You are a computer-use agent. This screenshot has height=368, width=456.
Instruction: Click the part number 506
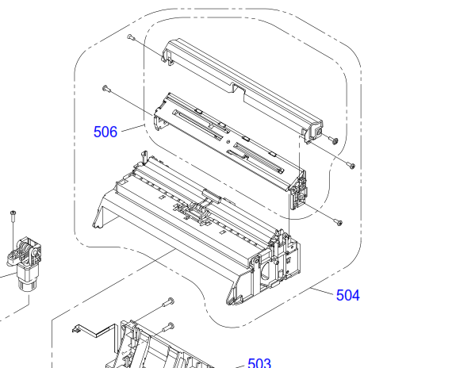(105, 132)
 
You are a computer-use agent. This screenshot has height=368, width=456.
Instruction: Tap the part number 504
(348, 295)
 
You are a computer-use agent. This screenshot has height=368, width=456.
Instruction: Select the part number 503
(259, 363)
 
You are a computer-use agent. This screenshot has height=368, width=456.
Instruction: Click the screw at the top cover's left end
(131, 37)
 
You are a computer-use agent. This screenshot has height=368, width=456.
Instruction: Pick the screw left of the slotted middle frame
(106, 88)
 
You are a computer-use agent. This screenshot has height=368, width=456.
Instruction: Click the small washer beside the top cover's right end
(335, 141)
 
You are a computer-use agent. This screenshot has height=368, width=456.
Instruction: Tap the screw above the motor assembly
(13, 215)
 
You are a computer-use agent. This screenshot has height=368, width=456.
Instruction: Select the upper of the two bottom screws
(169, 302)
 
